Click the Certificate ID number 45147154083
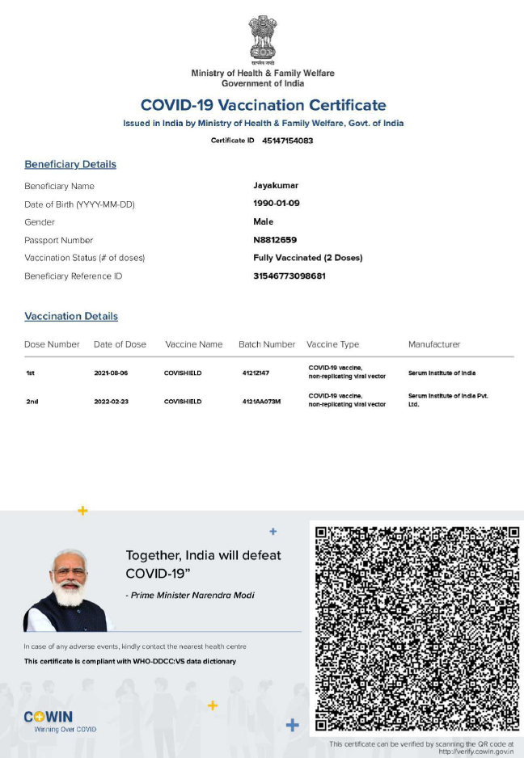coord(287,141)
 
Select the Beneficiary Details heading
coord(70,165)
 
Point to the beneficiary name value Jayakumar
coord(276,186)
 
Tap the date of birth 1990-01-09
coord(277,204)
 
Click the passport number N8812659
coord(275,240)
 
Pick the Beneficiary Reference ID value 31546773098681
coord(289,276)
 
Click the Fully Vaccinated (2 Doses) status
coord(307,258)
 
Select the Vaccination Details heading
coord(71,317)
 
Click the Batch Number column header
coord(267,344)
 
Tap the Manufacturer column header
coord(434,344)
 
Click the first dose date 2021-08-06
coord(111,373)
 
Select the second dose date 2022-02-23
coord(111,402)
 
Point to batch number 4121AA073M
coord(261,402)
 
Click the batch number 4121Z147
coord(256,373)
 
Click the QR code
coord(416,629)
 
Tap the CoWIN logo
coord(49,717)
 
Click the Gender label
coord(40,222)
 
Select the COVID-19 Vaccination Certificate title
coord(263,105)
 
